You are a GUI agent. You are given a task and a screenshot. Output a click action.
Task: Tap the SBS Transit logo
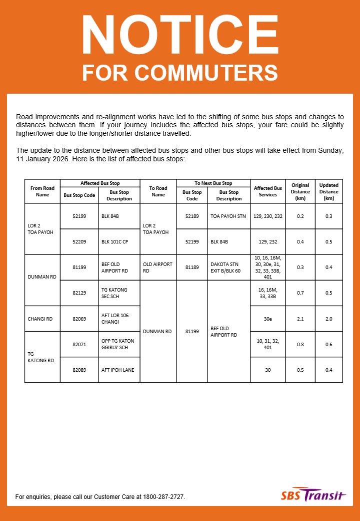313,495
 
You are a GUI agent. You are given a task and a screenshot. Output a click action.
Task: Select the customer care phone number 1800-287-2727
163,497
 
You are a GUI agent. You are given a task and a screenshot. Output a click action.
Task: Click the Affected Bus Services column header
267,191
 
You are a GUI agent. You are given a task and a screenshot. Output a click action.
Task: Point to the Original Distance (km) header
300,191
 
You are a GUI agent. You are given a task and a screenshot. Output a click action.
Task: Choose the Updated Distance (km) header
328,191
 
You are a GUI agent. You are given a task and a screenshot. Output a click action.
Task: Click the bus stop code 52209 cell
79,241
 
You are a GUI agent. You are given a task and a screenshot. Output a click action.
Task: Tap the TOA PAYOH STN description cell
228,216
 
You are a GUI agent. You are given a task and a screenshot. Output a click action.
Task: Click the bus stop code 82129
79,293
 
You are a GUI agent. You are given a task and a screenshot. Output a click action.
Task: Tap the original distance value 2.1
300,319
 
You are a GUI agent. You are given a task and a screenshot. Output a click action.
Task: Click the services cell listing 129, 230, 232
267,216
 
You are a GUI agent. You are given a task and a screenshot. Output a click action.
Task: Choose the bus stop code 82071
79,344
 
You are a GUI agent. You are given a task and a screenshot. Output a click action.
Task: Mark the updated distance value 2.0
328,319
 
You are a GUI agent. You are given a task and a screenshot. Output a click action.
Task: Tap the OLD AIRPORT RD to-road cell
157,267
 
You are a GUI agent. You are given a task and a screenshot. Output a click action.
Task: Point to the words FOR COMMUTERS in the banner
180,73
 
